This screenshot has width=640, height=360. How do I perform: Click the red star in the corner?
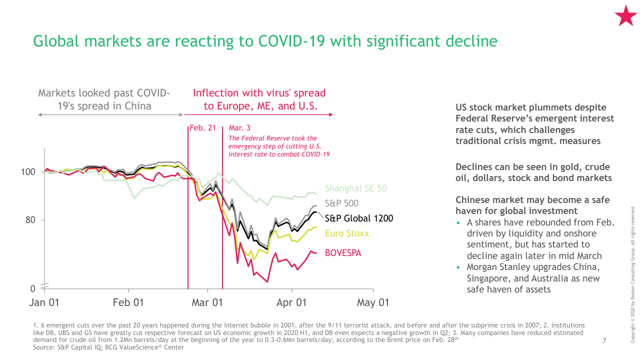tap(625, 16)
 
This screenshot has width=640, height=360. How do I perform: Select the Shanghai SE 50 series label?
tap(355, 188)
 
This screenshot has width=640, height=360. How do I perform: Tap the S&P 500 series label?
tap(341, 203)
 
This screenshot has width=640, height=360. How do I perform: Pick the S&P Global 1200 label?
tap(359, 218)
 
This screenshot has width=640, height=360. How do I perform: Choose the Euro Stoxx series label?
tap(347, 233)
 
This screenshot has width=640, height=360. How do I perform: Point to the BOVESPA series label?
tap(343, 253)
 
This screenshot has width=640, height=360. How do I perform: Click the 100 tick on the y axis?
tap(28, 172)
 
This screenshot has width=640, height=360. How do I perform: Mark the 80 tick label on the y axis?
tap(30, 220)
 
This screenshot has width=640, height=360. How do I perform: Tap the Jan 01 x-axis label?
tap(44, 302)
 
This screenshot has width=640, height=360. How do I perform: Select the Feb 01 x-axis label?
tap(128, 302)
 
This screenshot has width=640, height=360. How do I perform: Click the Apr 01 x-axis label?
tap(291, 302)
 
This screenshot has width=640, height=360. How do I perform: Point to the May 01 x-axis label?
tap(373, 302)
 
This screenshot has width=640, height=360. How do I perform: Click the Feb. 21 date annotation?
tap(203, 127)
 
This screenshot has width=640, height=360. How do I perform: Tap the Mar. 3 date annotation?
tap(239, 127)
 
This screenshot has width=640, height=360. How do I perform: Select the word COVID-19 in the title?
tap(291, 41)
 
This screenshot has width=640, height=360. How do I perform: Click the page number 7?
tap(604, 340)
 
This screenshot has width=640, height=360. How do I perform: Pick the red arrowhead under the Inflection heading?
tap(331, 114)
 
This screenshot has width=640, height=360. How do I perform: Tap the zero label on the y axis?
tap(33, 289)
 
